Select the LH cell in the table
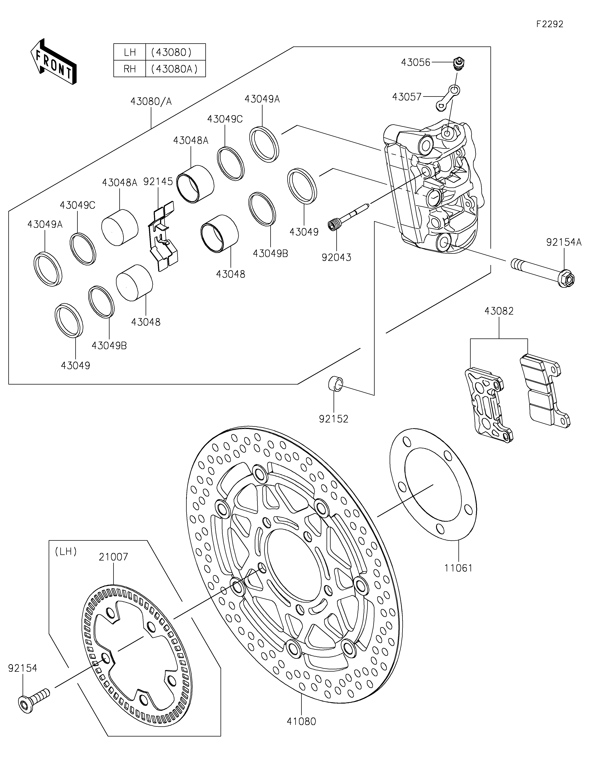129,52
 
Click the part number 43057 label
407,97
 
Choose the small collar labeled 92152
335,384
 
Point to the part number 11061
459,568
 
